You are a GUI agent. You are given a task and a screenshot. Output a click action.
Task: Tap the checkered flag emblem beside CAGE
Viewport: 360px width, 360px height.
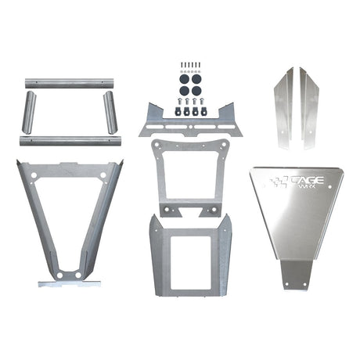pos(277,182)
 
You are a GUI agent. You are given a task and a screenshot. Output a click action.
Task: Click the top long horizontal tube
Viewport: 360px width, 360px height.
pos(69,82)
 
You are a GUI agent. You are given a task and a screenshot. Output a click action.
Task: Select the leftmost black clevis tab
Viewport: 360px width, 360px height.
pos(178,110)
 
